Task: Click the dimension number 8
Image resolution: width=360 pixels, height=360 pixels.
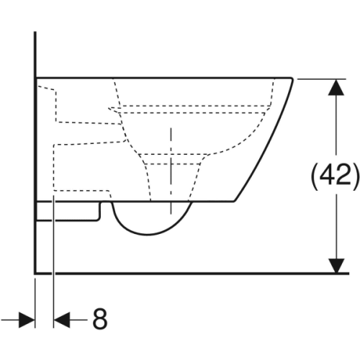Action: click(x=100, y=320)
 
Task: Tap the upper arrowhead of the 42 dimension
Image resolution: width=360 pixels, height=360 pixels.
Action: click(x=336, y=87)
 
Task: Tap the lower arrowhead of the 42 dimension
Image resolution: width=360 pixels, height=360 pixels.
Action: click(x=336, y=266)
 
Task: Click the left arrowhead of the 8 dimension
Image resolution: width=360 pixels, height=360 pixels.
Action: click(x=27, y=320)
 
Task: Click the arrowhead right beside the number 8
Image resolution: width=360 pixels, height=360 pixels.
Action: click(x=62, y=320)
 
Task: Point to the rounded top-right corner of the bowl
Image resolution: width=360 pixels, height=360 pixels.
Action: click(x=292, y=79)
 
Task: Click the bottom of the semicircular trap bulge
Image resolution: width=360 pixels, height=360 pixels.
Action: click(x=148, y=234)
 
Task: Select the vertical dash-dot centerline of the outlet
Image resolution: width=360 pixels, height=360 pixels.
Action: click(x=171, y=171)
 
